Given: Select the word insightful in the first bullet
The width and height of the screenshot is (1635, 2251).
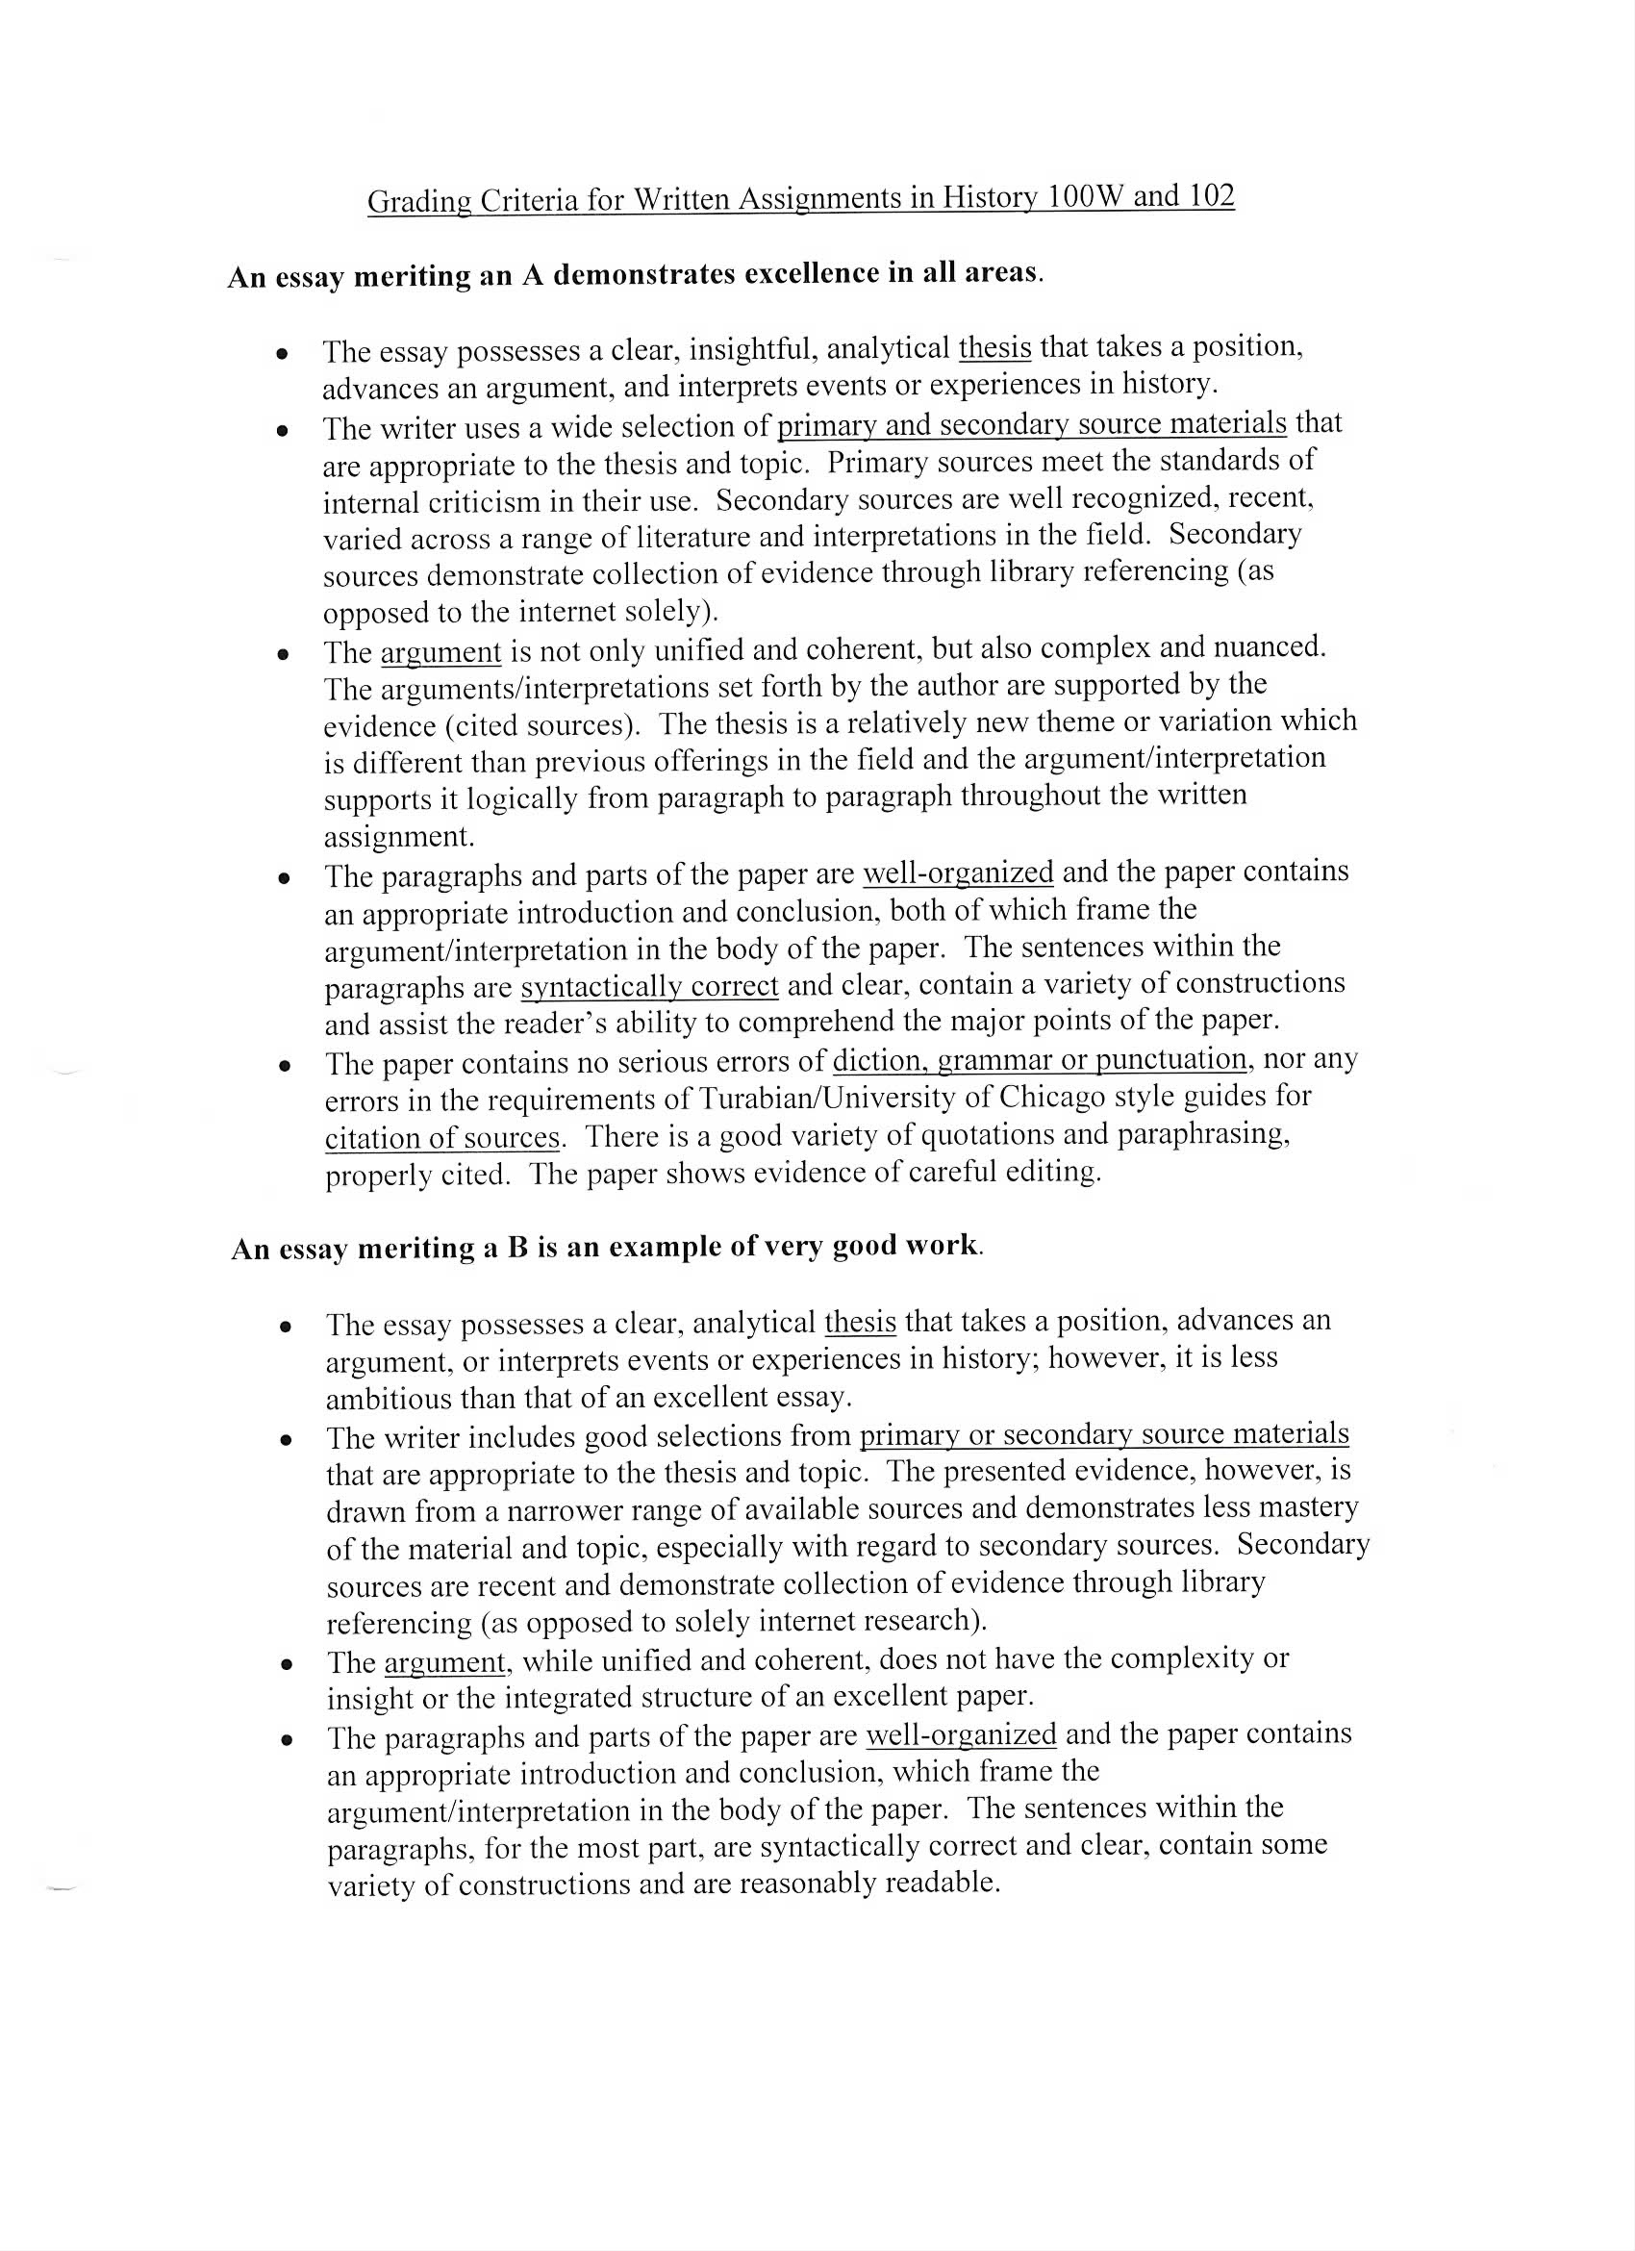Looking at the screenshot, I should click(x=752, y=348).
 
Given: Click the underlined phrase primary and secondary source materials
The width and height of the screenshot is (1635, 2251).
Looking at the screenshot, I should click(x=1031, y=424).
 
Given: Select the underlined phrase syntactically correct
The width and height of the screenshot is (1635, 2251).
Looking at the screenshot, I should click(x=649, y=987).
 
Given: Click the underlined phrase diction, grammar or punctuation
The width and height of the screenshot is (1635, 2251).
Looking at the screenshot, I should click(x=1039, y=1060).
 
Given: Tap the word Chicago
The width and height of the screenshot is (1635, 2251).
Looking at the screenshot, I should click(x=1052, y=1097).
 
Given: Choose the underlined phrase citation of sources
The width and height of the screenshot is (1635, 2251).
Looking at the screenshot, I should click(x=441, y=1136).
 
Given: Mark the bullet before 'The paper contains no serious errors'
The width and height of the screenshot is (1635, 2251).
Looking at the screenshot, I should click(x=285, y=1066).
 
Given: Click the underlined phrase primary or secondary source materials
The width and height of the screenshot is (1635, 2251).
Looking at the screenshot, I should click(x=1103, y=1434).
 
